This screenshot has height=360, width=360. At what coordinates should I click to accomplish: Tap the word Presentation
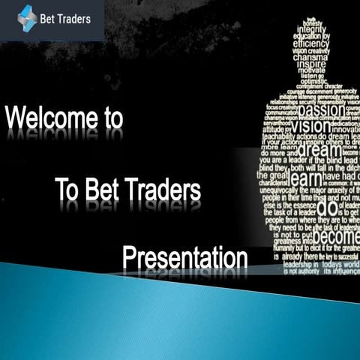pos(184,258)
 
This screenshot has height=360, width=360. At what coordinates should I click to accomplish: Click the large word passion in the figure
pos(321,111)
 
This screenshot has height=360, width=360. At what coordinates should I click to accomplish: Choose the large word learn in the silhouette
pos(305,180)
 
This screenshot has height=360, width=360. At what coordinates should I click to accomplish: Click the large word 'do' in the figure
pos(328,206)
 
